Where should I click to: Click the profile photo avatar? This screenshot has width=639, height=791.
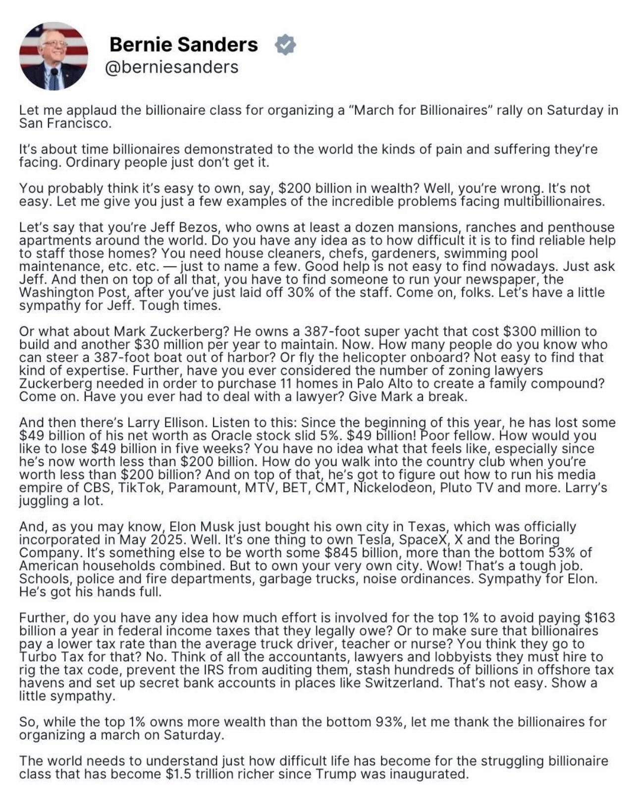(53, 56)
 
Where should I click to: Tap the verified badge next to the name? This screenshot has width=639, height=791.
(285, 45)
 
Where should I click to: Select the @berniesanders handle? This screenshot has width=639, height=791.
(171, 67)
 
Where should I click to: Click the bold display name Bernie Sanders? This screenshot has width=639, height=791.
(183, 45)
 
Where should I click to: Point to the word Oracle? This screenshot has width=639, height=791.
(236, 436)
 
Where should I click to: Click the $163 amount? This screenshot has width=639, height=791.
(600, 618)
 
